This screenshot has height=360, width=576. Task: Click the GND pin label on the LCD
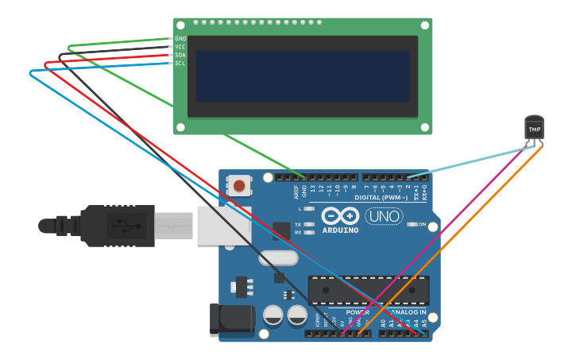pyautogui.click(x=180, y=38)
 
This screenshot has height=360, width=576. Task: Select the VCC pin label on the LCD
pyautogui.click(x=180, y=47)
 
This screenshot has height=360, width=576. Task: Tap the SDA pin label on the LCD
pyautogui.click(x=180, y=55)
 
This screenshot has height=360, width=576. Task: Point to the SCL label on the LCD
pyautogui.click(x=180, y=64)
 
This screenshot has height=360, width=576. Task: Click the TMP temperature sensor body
pyautogui.click(x=534, y=129)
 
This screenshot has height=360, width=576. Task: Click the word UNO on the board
pyautogui.click(x=385, y=216)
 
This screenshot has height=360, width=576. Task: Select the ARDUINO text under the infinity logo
pyautogui.click(x=340, y=230)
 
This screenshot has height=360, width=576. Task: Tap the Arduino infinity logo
pyautogui.click(x=340, y=215)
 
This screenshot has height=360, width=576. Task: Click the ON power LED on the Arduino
pyautogui.click(x=412, y=224)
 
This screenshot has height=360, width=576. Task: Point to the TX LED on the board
pyautogui.click(x=308, y=224)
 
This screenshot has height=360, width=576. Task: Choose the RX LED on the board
pyautogui.click(x=308, y=232)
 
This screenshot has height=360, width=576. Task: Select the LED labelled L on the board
pyautogui.click(x=309, y=208)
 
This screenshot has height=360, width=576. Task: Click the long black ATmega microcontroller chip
pyautogui.click(x=369, y=290)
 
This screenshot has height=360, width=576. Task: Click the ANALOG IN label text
pyautogui.click(x=407, y=312)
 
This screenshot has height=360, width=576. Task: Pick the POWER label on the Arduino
pyautogui.click(x=358, y=312)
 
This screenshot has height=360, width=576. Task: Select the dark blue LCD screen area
pyautogui.click(x=303, y=76)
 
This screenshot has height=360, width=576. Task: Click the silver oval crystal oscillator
pyautogui.click(x=278, y=258)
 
